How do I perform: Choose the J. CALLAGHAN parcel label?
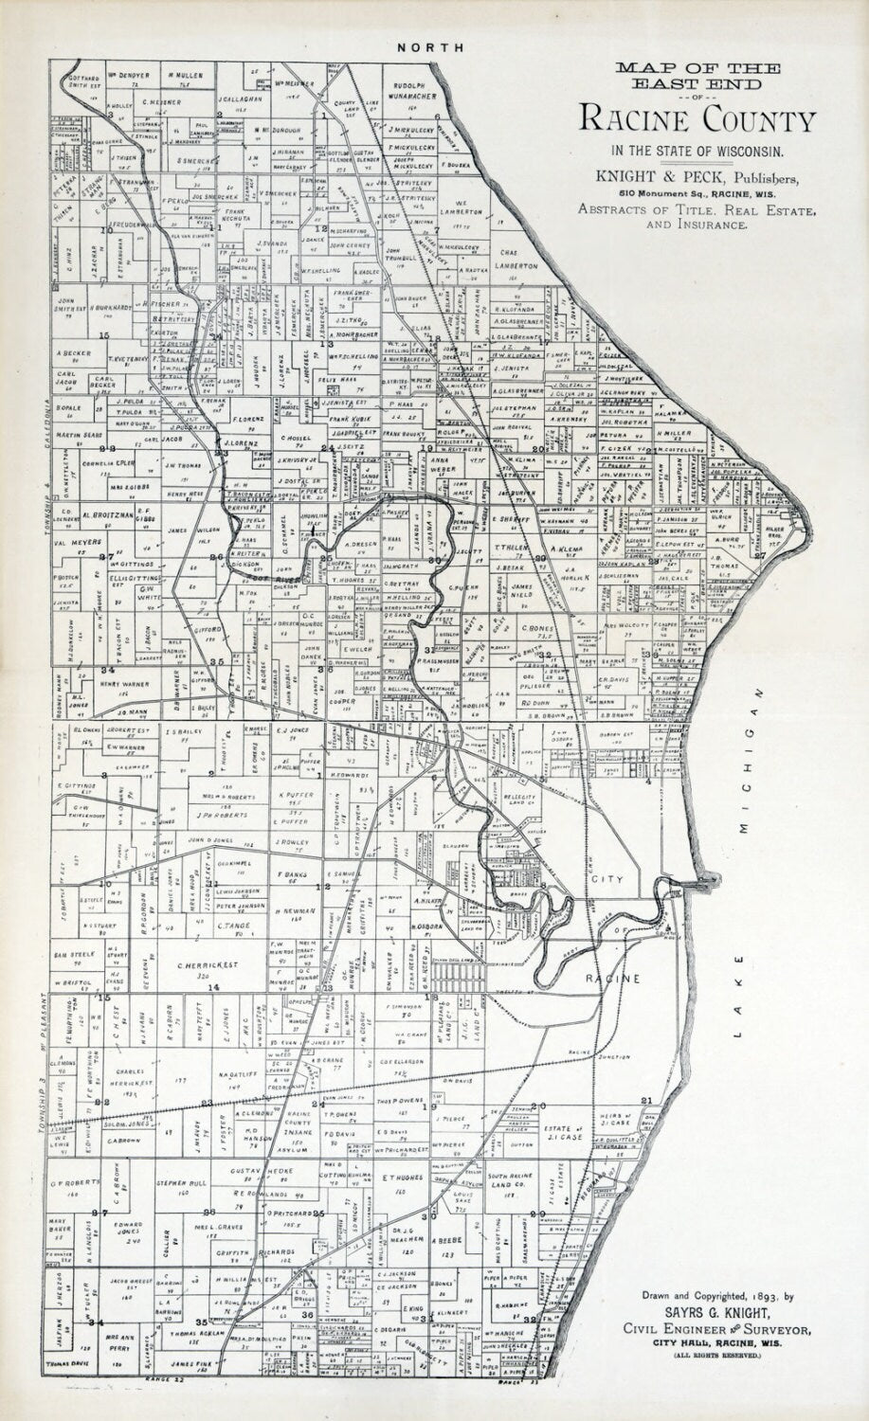[238, 98]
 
